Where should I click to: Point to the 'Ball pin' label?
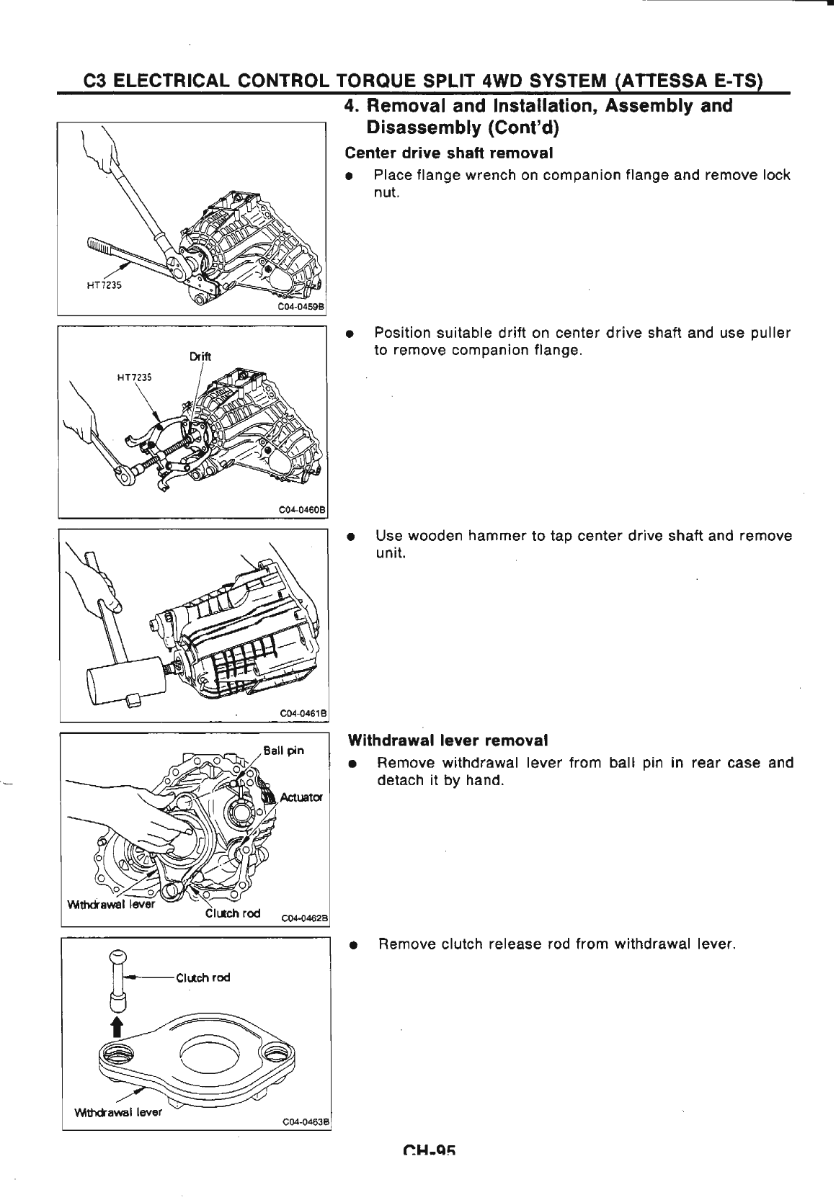(283, 750)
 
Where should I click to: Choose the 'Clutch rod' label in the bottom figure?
(203, 977)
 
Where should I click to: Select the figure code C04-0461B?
(303, 712)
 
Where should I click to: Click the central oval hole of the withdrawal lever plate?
(203, 1055)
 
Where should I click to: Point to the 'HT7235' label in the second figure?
(135, 376)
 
